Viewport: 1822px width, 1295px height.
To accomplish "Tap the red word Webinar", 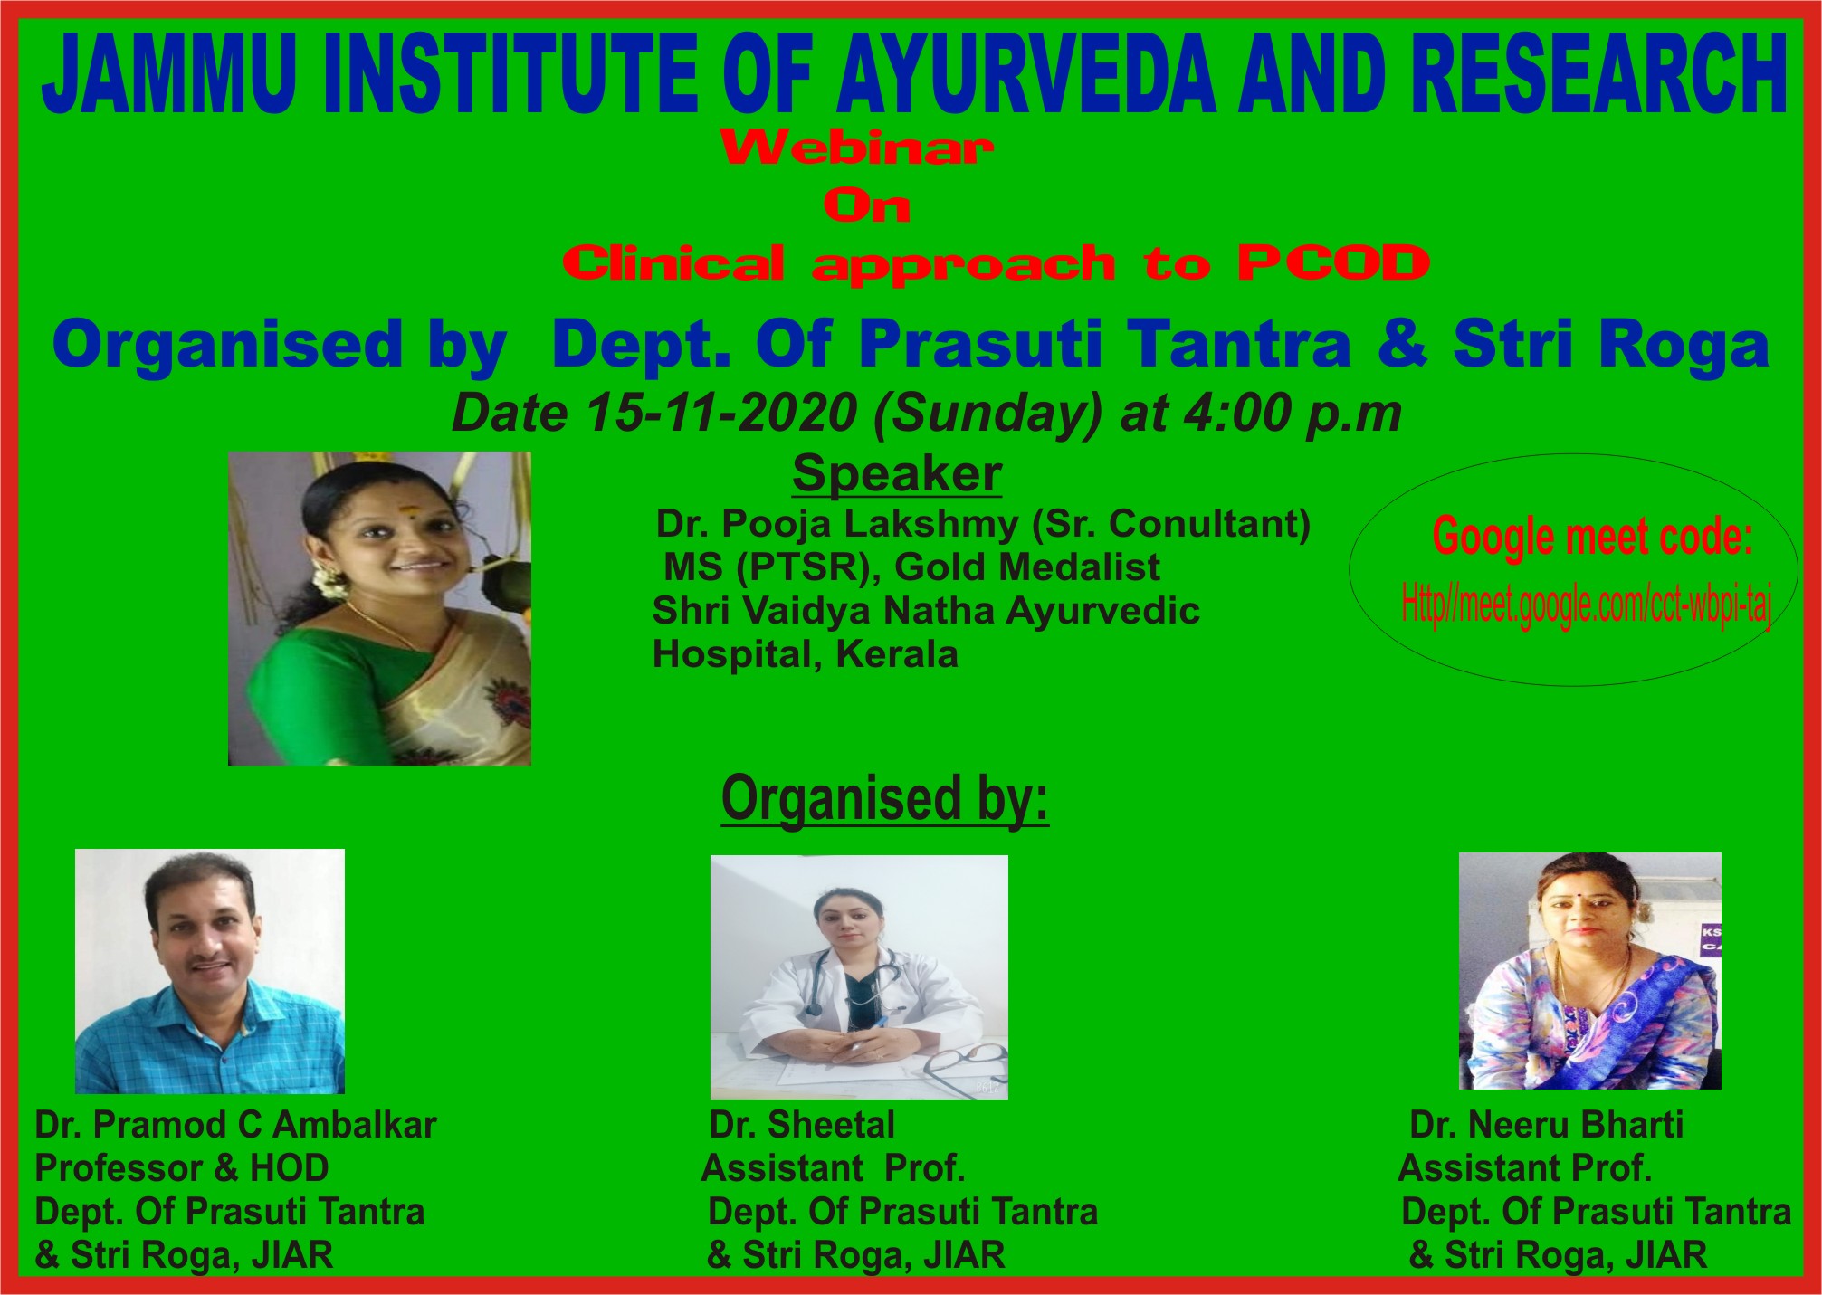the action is click(857, 148).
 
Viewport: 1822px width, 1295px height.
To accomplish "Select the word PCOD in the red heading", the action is click(1333, 263).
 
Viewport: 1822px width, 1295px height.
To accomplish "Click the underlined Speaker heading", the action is click(897, 473).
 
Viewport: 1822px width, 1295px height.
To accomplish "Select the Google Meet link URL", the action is click(1587, 604).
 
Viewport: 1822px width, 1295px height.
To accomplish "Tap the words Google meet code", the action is click(1593, 537).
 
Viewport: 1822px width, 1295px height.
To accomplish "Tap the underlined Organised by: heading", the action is click(884, 798).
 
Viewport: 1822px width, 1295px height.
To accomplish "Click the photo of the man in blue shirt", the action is click(210, 971).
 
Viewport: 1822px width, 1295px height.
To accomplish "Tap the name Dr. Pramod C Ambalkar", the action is click(235, 1125).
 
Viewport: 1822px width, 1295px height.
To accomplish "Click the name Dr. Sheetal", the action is click(802, 1125).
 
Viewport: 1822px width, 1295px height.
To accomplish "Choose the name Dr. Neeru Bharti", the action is click(1547, 1125).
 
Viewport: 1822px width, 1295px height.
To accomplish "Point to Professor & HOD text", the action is click(181, 1168).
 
